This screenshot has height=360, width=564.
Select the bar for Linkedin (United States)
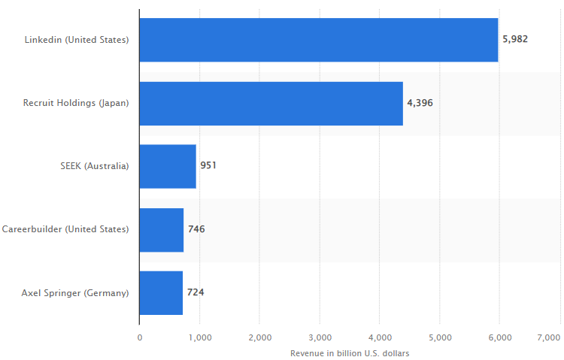pos(319,40)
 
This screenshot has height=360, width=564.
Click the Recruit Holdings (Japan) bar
pos(271,103)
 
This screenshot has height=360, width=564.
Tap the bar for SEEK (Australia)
pos(168,166)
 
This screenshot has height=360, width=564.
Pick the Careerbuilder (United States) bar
pos(162,229)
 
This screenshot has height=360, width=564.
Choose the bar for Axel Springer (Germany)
pos(161,292)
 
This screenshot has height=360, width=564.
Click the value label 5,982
pos(515,39)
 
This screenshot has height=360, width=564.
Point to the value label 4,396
pos(420,102)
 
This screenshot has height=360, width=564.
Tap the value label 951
pos(208,165)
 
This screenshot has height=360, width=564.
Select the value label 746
pos(196,228)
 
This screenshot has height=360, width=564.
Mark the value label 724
pos(196,292)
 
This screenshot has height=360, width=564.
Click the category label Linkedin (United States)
pos(77,39)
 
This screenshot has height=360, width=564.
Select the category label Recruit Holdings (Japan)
pos(76,102)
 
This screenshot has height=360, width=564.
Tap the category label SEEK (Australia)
pos(94,165)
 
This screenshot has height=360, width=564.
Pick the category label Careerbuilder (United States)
pos(65,228)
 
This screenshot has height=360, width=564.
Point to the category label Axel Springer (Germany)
pos(75,292)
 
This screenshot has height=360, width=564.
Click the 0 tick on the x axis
pos(140,338)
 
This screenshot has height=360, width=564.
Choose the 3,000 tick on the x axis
pos(320,338)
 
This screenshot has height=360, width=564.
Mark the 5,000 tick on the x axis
pos(440,338)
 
